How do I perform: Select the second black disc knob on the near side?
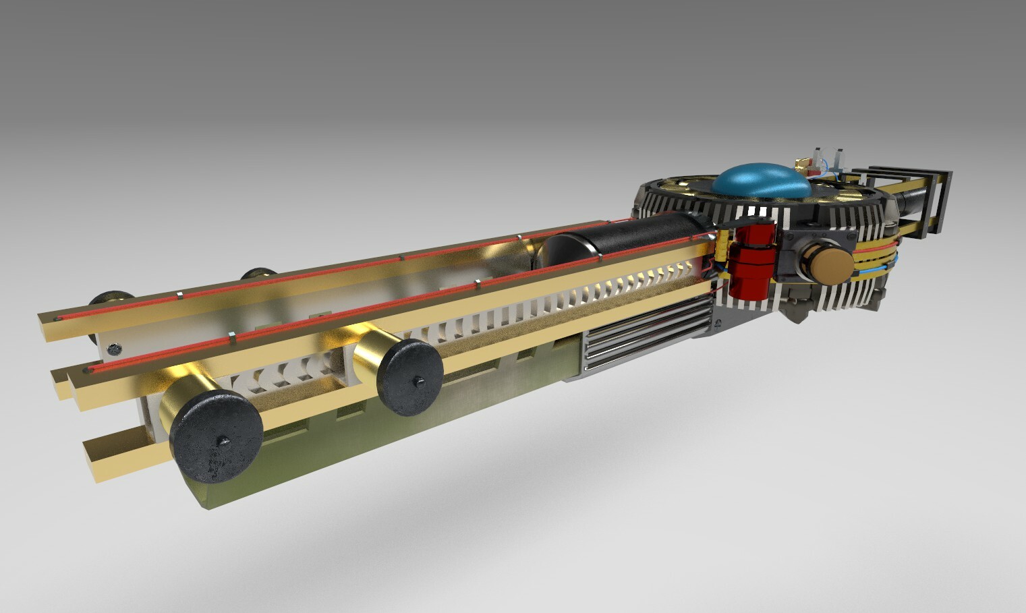point(410,376)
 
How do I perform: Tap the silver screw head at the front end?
point(115,349)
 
